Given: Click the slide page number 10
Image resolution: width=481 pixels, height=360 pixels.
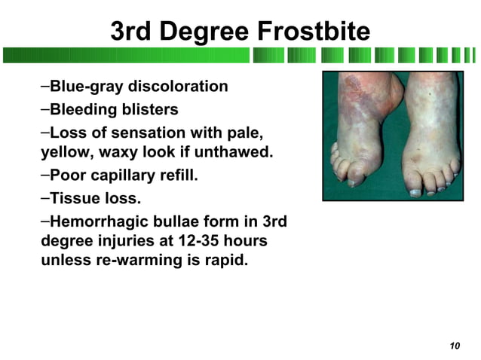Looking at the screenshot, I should (x=454, y=346).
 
